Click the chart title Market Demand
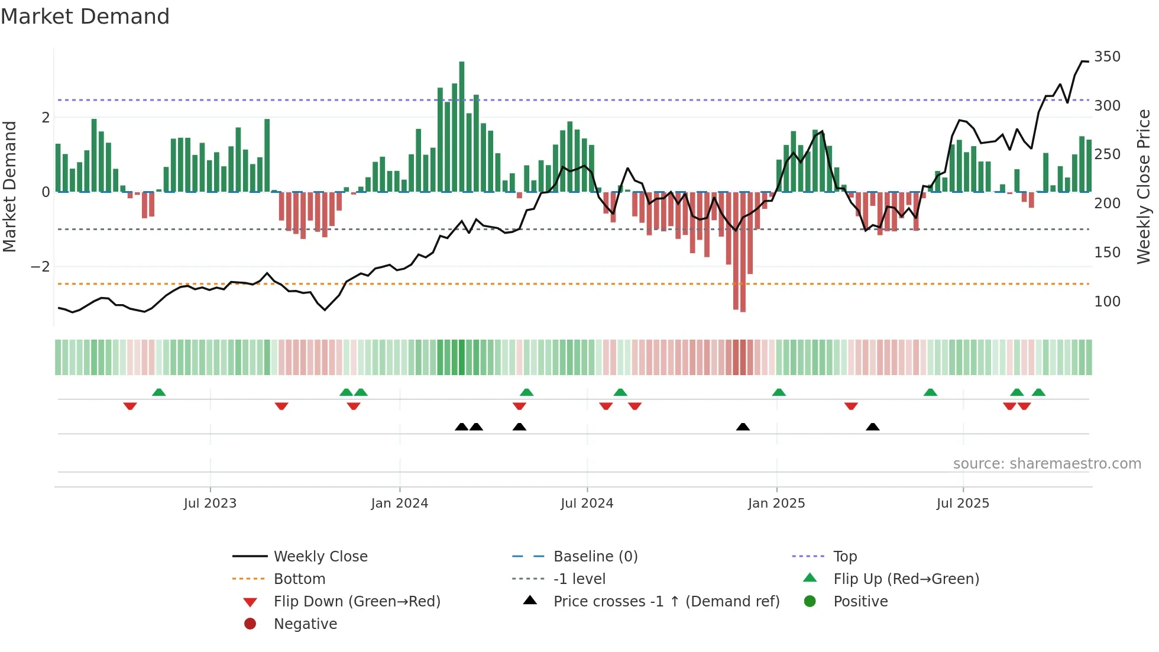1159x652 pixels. (x=85, y=17)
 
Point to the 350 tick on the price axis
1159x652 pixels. (x=1107, y=57)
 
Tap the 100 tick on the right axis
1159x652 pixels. (x=1107, y=302)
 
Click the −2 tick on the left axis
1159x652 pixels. (x=40, y=267)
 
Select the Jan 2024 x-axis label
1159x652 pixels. (x=399, y=503)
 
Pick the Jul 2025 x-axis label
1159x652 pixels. (x=963, y=503)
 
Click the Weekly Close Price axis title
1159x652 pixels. (x=1144, y=186)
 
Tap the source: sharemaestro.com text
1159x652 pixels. (x=1047, y=464)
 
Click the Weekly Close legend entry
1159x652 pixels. (x=320, y=557)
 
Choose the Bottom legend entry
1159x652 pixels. (x=299, y=579)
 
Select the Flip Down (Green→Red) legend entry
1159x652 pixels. (x=357, y=602)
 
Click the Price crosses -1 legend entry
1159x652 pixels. (x=666, y=602)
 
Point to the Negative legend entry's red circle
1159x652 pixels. (x=250, y=624)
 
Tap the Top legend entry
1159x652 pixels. (x=844, y=557)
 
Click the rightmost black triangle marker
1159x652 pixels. (x=872, y=427)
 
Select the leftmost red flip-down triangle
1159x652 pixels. (x=130, y=406)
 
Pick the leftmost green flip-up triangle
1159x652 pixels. (x=158, y=392)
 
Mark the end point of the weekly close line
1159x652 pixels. (x=1088, y=62)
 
